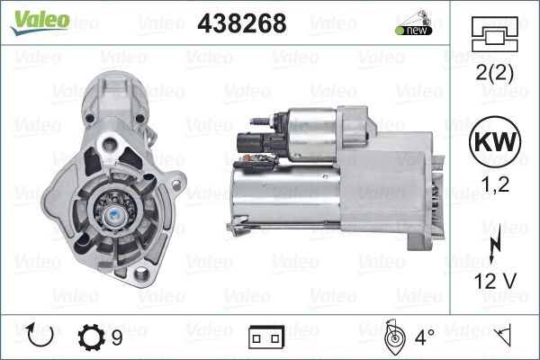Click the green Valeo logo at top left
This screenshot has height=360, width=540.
[x=40, y=22]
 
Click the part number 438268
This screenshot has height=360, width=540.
[x=242, y=23]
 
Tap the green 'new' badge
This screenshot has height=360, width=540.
[x=414, y=30]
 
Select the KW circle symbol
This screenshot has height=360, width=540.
[x=495, y=141]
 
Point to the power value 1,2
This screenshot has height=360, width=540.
[x=495, y=184]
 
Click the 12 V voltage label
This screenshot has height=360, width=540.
[x=495, y=281]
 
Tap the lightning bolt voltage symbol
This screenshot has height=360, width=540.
[x=495, y=247]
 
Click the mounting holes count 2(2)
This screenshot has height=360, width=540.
[x=494, y=72]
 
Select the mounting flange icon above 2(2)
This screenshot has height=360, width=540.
[x=494, y=34]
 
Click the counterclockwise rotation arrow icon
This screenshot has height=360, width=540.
[x=40, y=335]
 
